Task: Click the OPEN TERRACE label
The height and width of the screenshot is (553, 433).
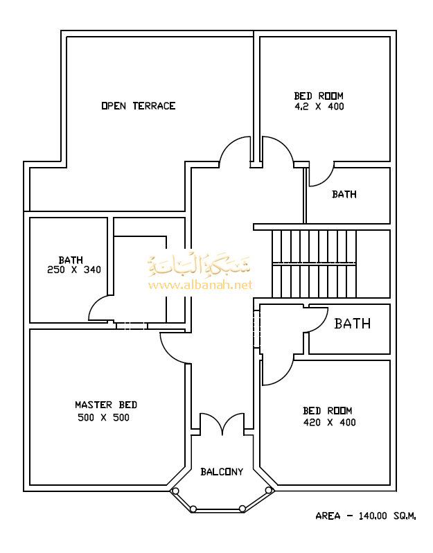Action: pos(139,106)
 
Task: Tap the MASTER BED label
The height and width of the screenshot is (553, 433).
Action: pos(106,405)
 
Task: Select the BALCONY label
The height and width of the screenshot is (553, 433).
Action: pos(222,471)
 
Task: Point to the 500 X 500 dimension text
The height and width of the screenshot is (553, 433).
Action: pos(103,418)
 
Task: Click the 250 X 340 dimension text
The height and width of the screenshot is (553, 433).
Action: pos(74,270)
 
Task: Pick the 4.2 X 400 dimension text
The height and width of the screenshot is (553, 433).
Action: pos(319,107)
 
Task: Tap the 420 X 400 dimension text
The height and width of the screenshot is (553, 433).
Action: pos(329,422)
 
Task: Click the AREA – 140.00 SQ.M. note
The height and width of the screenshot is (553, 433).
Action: pos(366,516)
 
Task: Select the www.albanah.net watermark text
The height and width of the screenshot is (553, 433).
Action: pos(200,285)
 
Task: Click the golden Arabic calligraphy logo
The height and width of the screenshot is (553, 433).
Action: pos(199,265)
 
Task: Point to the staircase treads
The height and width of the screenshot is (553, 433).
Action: pos(314,264)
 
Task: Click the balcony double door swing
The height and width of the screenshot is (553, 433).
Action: pos(222,423)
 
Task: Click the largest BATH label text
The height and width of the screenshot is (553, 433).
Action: pos(352,324)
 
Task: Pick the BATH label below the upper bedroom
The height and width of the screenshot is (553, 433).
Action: pos(344,194)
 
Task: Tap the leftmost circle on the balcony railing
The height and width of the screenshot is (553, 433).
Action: pos(175,491)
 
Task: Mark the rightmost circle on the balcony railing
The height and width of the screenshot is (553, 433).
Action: pos(268,490)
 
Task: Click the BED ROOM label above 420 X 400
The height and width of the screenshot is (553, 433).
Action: pos(328,411)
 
